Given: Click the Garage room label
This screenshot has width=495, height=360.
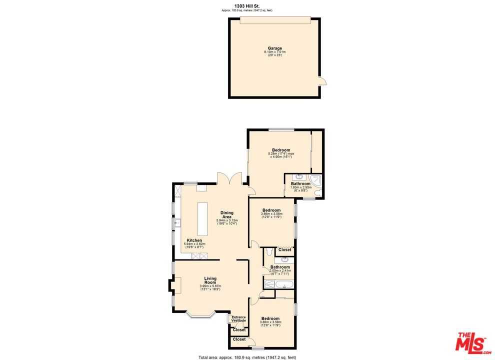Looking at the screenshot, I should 274,48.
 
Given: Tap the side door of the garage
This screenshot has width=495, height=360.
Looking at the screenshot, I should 322,80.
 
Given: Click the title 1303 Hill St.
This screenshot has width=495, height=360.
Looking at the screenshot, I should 247,6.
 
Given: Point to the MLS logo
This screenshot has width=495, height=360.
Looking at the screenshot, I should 471,342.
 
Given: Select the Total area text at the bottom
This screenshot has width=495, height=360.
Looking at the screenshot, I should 247,357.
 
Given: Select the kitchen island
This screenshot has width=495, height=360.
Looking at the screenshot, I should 202,218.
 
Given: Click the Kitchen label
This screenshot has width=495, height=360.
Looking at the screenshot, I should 194,240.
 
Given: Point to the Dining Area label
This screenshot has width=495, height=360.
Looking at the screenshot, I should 227,214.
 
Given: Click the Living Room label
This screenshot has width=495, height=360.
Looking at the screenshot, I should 210,280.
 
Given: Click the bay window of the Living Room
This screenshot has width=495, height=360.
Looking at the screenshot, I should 200,314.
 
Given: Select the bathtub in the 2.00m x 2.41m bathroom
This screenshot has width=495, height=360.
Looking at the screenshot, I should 279,285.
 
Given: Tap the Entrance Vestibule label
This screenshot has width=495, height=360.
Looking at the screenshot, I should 238,318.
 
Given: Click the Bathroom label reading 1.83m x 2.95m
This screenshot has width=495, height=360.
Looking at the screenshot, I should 301,183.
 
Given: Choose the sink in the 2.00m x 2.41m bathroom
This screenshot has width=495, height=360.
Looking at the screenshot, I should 284,259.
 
